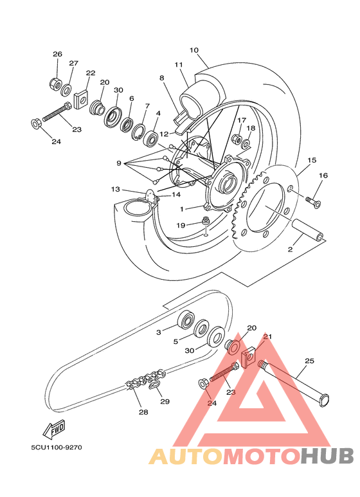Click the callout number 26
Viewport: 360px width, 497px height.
click(x=57, y=54)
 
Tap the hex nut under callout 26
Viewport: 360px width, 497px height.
click(x=55, y=84)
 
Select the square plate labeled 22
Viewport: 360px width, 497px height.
click(x=81, y=100)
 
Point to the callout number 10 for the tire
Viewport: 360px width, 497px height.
click(x=194, y=50)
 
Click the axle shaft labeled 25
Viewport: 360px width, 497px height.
click(x=294, y=384)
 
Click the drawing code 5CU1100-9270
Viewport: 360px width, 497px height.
click(x=57, y=447)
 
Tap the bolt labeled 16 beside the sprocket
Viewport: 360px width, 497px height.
click(x=313, y=201)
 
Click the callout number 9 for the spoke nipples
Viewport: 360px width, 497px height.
click(x=119, y=163)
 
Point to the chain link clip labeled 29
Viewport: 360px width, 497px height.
click(x=155, y=385)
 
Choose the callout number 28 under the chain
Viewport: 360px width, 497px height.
click(x=143, y=412)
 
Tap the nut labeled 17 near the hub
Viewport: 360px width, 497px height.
click(x=236, y=138)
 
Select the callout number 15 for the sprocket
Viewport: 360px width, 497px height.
click(x=312, y=160)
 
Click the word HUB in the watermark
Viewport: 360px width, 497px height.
click(x=327, y=456)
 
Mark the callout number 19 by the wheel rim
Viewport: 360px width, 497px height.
click(x=181, y=226)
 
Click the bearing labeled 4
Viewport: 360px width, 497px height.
click(x=151, y=138)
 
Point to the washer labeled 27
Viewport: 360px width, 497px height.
click(x=66, y=91)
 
